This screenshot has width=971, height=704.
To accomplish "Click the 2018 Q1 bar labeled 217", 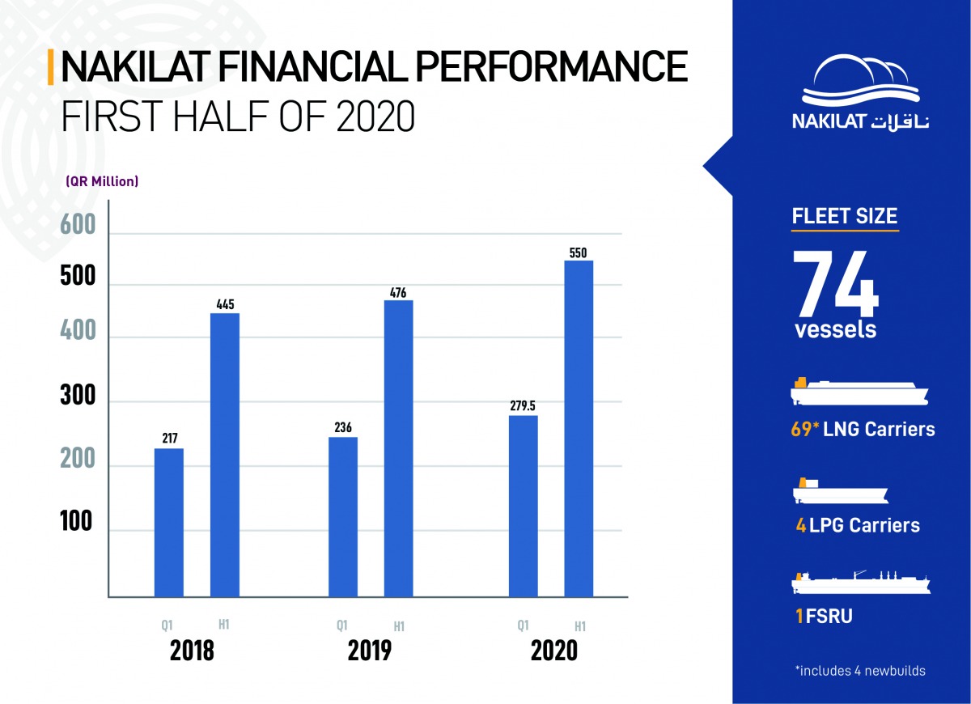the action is [x=169, y=523].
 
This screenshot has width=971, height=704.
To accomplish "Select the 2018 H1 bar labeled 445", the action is [x=225, y=455].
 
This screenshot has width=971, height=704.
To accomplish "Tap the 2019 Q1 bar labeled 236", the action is [x=343, y=517].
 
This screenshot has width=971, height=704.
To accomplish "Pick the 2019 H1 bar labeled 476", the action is [x=399, y=448].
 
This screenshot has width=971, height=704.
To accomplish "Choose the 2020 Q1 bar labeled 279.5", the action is [x=524, y=506].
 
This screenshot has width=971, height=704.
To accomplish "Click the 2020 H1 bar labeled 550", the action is [x=579, y=428].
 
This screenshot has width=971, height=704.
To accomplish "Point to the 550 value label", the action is [x=578, y=252].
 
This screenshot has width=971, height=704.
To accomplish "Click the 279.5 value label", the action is [x=523, y=405].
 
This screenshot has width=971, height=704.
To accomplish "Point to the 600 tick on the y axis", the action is [x=78, y=225].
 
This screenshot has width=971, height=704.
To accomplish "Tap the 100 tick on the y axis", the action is [x=76, y=521].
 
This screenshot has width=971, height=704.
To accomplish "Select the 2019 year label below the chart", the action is [x=370, y=651].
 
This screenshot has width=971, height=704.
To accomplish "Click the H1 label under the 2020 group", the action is [x=580, y=626].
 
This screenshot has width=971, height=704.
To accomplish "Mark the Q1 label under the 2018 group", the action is [x=167, y=626].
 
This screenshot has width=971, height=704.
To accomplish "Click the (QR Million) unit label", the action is [x=102, y=181].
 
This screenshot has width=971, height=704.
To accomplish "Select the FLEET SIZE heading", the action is [x=845, y=216].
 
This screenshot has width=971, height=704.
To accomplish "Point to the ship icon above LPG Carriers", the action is [x=841, y=490].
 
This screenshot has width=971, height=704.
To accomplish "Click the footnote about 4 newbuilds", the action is [x=860, y=671].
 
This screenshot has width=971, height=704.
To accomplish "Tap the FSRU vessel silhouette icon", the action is [x=861, y=583].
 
